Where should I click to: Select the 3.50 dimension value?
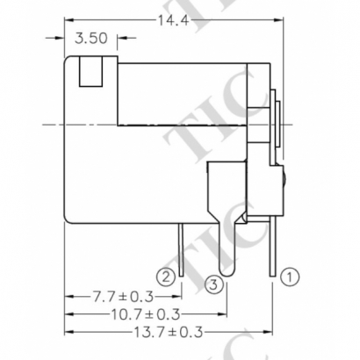(x=93, y=39)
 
